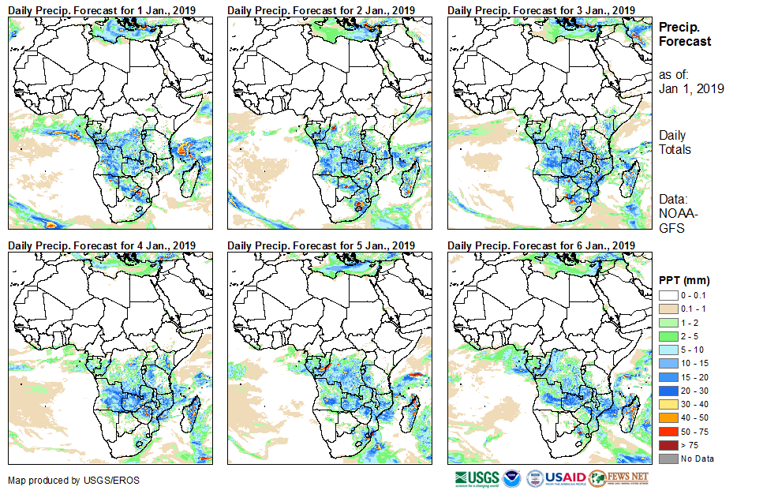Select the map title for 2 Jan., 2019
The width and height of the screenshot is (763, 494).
(x=321, y=9)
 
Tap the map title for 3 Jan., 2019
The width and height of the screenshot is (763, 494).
(x=541, y=9)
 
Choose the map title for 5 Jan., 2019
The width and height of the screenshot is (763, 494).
(x=321, y=245)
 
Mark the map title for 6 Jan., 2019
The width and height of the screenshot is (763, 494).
(x=541, y=245)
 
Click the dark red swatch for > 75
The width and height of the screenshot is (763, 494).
(x=668, y=445)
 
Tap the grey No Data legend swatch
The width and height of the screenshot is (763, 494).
(x=668, y=458)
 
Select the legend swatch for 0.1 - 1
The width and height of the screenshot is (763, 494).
(x=668, y=309)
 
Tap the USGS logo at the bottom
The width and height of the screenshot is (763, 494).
(x=477, y=478)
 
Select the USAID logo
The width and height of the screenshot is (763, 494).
(x=565, y=478)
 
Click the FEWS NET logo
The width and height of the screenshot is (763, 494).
(x=619, y=478)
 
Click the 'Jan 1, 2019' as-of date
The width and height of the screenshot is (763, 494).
(x=690, y=88)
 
